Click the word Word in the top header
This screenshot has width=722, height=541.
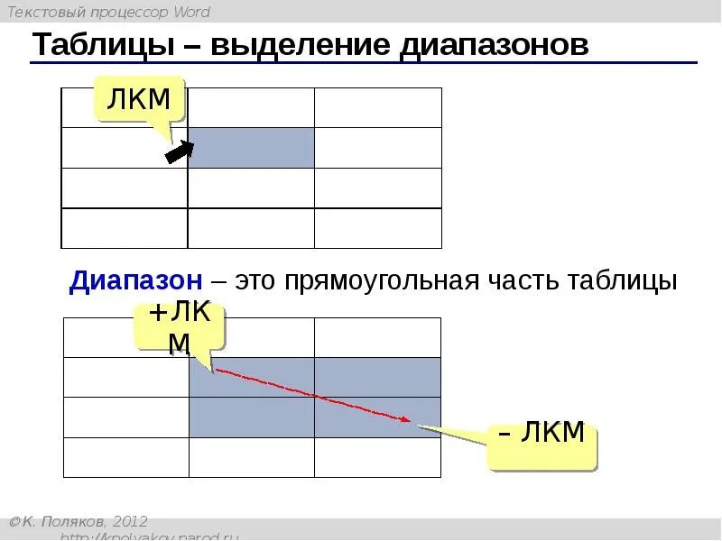(x=190, y=12)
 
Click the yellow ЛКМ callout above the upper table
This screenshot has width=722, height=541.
(x=139, y=99)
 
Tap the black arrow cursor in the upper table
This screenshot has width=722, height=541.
(x=179, y=152)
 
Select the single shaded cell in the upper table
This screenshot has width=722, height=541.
(x=251, y=148)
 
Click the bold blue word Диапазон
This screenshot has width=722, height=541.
(x=135, y=280)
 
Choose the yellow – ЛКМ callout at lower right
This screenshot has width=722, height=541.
(x=541, y=434)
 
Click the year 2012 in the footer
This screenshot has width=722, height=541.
(x=130, y=522)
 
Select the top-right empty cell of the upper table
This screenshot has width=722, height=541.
(x=377, y=107)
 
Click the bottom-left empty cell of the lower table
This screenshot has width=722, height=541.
(x=125, y=457)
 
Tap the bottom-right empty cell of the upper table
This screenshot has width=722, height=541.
(x=377, y=228)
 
